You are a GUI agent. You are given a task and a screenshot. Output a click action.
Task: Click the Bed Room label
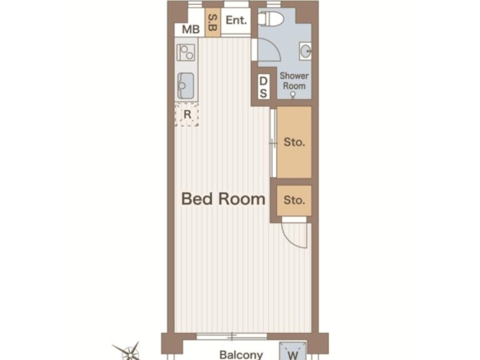pyautogui.click(x=224, y=199)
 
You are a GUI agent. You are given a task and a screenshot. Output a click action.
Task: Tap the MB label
pyautogui.click(x=191, y=30)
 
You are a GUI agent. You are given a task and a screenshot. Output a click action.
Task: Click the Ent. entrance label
pyautogui.click(x=236, y=21)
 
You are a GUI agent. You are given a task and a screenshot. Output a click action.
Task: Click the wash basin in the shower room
pyautogui.click(x=306, y=51)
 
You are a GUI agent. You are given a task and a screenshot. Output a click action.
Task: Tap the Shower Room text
pyautogui.click(x=294, y=81)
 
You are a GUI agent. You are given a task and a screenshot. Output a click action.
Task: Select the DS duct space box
pyautogui.click(x=264, y=86)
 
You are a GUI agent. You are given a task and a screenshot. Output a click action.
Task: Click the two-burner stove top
pyautogui.click(x=186, y=53)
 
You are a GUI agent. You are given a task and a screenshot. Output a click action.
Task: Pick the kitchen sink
pyautogui.click(x=186, y=85)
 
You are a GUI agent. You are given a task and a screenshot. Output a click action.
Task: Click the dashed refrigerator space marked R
pyautogui.click(x=187, y=114)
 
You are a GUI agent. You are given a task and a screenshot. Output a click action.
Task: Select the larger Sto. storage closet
pyautogui.click(x=294, y=142)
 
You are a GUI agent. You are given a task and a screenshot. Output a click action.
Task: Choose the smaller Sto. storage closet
pyautogui.click(x=294, y=201)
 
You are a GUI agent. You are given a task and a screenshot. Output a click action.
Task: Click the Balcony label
pyautogui.click(x=241, y=355)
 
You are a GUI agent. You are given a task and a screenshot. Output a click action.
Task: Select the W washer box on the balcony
pyautogui.click(x=293, y=351)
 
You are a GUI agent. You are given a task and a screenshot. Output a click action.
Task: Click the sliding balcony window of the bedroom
pyautogui.click(x=232, y=337)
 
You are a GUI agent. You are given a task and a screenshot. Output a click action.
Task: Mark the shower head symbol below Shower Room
pyautogui.click(x=293, y=95)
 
